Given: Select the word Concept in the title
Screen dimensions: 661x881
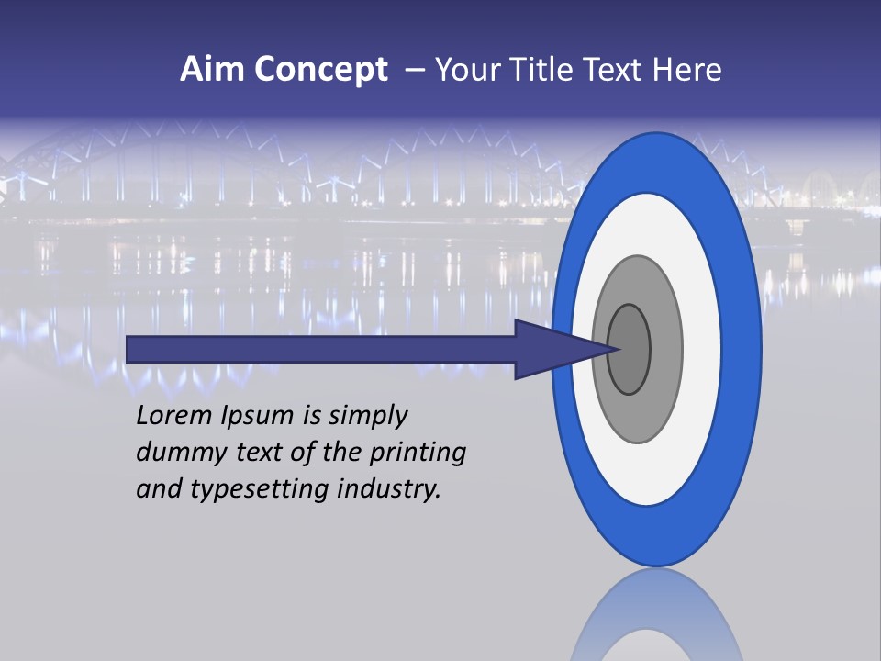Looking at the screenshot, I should (x=322, y=71).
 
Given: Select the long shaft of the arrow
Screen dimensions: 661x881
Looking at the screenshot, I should (x=321, y=349).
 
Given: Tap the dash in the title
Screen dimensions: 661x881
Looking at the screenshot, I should (x=415, y=71).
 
